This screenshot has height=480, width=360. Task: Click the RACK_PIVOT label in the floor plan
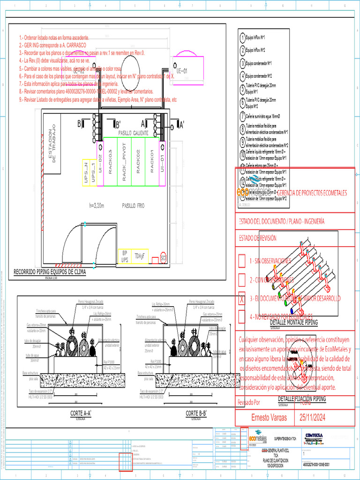[x=124, y=162]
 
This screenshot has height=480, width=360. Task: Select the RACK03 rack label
[x=110, y=162]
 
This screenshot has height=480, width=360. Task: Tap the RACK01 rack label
[x=152, y=162]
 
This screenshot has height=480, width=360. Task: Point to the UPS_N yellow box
[x=86, y=172]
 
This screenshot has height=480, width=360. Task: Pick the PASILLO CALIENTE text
[x=133, y=133]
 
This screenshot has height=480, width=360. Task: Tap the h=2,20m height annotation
[x=96, y=205]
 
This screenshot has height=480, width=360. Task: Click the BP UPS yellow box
[x=125, y=256]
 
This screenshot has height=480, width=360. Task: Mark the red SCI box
[x=163, y=257]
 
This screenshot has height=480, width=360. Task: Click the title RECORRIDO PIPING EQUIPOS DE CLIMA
[x=50, y=271]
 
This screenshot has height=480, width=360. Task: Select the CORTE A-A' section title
[x=80, y=413]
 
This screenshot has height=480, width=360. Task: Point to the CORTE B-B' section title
[x=196, y=413]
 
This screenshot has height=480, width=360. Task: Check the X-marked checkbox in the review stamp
[x=242, y=299]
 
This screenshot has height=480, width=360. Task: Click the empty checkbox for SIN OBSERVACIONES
[x=242, y=261]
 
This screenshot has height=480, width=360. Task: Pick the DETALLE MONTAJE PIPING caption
[x=294, y=323]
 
